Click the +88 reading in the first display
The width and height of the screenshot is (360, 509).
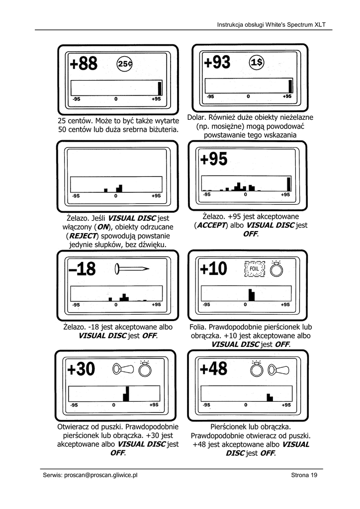[x=84, y=64]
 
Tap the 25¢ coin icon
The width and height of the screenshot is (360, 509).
[x=124, y=64]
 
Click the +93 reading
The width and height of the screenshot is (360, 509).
[x=217, y=63]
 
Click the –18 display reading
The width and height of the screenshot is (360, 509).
[x=82, y=269]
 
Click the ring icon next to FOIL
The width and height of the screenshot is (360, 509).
[x=275, y=269]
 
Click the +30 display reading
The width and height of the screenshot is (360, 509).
[x=81, y=369]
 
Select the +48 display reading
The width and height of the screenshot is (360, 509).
[x=213, y=369]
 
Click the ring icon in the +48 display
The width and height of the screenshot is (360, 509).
[x=257, y=369]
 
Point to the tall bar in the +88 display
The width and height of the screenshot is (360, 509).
[x=160, y=88]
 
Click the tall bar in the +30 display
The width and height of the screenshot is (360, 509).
[x=126, y=393]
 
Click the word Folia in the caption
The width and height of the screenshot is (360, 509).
[x=199, y=328]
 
